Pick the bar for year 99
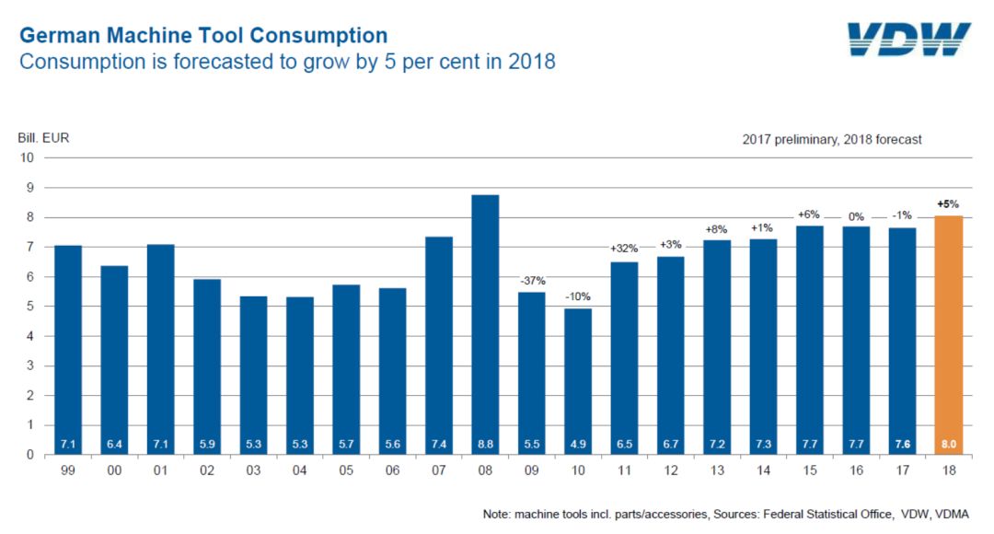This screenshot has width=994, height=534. point(68,350)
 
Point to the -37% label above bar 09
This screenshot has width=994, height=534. point(532,281)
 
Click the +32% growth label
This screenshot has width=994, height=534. point(624,249)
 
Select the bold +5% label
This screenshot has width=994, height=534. point(949,204)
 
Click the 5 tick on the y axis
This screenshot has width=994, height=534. point(29,307)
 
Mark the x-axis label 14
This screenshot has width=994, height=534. point(763,470)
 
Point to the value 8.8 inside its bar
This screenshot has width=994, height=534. point(485,443)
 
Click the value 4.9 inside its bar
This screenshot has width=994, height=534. point(578,443)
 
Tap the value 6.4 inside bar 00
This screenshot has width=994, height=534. point(114,443)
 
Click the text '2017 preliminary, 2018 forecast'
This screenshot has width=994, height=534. point(832,140)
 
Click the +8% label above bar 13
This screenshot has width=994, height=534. point(717,229)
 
